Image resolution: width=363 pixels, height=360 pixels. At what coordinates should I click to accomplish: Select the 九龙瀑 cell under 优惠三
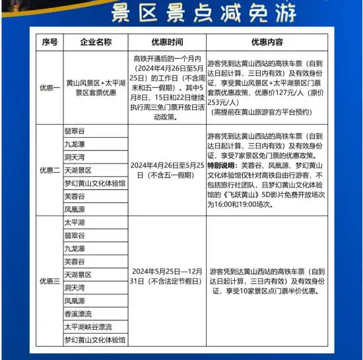[75, 249]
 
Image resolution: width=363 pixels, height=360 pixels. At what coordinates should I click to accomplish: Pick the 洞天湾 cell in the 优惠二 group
[75, 158]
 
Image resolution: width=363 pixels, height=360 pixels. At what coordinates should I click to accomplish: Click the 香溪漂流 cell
[78, 313]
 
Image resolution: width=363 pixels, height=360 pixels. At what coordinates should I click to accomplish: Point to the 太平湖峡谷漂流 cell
[88, 326]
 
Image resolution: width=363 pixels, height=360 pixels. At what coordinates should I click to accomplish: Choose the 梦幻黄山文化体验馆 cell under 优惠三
[94, 340]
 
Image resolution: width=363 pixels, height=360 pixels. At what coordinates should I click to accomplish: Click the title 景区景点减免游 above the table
[182, 11]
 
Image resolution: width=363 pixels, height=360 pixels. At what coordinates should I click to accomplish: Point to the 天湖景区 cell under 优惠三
[78, 274]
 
